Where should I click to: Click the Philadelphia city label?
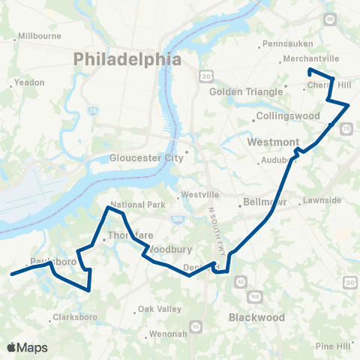(x=127, y=58)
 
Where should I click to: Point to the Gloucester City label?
(x=146, y=158)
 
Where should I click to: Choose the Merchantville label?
(x=309, y=58)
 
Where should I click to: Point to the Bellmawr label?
(x=263, y=202)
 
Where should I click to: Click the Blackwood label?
(x=256, y=317)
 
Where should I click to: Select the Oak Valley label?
(x=159, y=309)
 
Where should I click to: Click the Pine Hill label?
(x=333, y=346)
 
